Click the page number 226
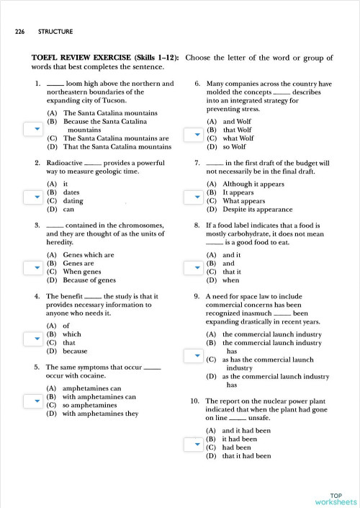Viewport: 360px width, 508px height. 20,32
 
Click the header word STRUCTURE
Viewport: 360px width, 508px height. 55,32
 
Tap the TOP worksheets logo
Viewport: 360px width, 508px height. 335,499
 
